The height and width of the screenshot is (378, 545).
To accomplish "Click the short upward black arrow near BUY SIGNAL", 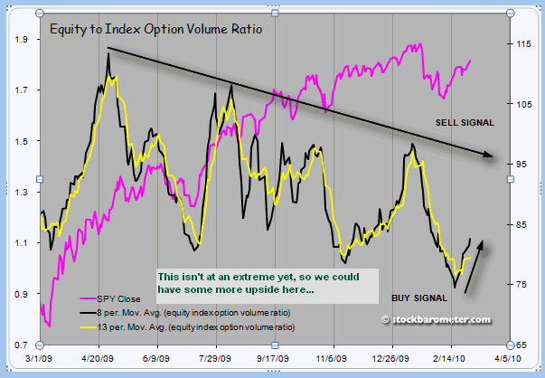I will [474, 266].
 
